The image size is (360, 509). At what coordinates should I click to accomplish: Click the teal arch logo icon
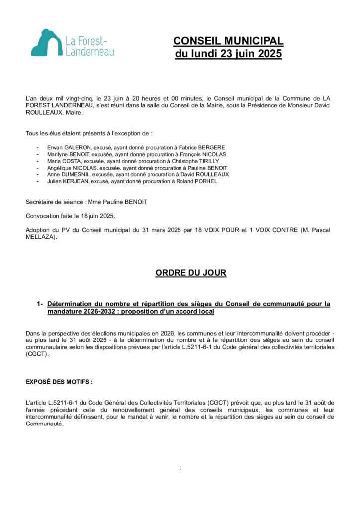pyautogui.click(x=46, y=43)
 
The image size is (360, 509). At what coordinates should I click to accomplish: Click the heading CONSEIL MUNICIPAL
pyautogui.click(x=228, y=41)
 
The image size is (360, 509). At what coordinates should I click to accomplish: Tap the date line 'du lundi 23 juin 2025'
pyautogui.click(x=228, y=54)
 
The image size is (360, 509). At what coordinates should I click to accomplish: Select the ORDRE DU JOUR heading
pyautogui.click(x=191, y=273)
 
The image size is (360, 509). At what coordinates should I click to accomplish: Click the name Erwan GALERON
pyautogui.click(x=64, y=147)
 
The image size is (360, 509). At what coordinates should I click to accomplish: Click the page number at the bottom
pyautogui.click(x=180, y=468)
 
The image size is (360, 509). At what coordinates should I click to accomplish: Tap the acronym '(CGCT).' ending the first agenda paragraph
pyautogui.click(x=35, y=354)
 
